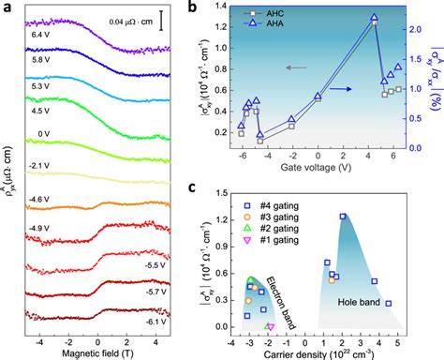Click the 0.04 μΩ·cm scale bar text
click(128, 19)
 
